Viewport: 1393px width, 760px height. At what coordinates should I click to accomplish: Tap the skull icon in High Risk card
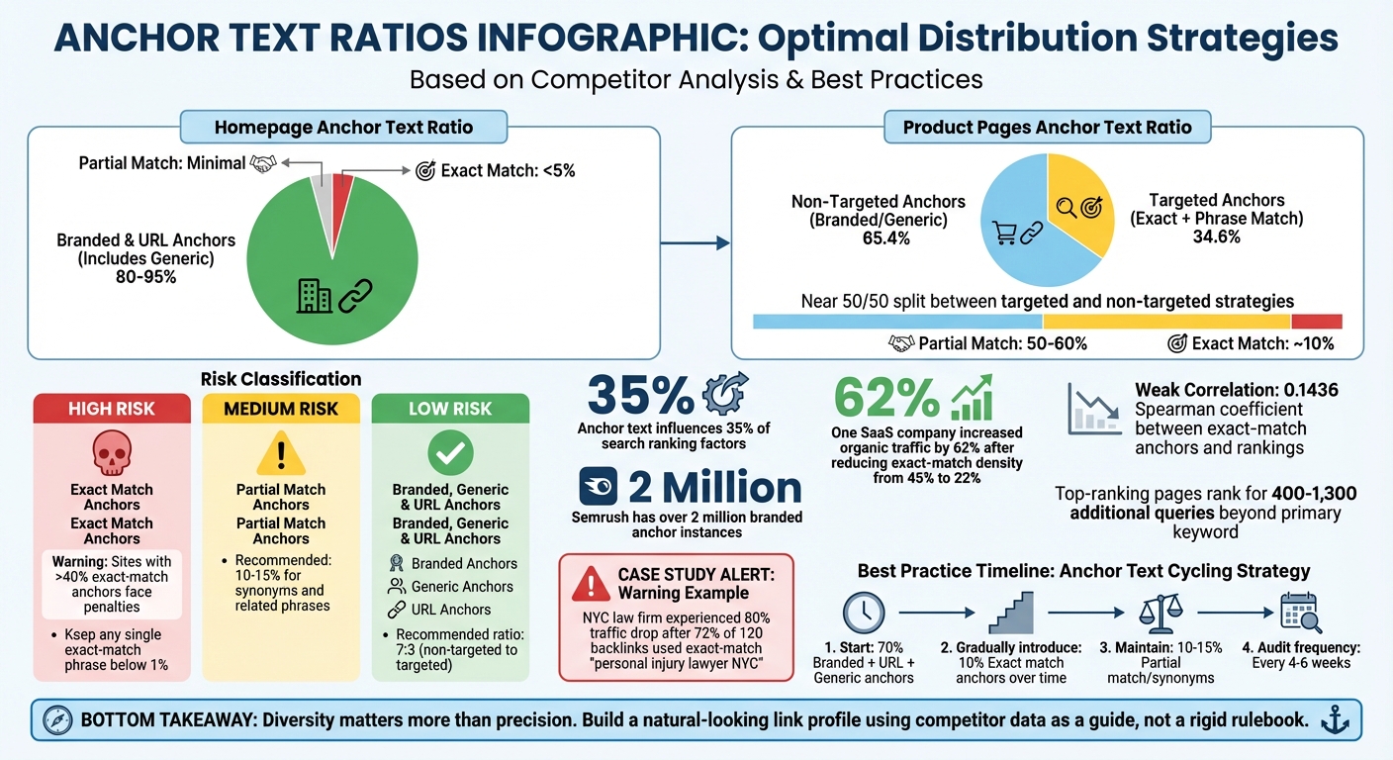(x=111, y=453)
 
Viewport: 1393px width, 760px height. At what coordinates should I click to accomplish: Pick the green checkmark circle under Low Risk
(x=450, y=453)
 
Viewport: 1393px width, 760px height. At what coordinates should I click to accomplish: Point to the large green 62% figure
(x=886, y=397)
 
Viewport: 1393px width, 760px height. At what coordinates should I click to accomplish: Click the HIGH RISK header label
(x=111, y=409)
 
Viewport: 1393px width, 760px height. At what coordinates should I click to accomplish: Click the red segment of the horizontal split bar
(x=1316, y=322)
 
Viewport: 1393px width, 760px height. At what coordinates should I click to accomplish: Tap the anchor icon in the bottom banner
(x=1336, y=719)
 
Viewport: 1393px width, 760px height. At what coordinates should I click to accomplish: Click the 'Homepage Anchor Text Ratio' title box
(x=344, y=127)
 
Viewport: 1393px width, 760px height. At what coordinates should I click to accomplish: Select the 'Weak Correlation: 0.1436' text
(x=1236, y=390)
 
